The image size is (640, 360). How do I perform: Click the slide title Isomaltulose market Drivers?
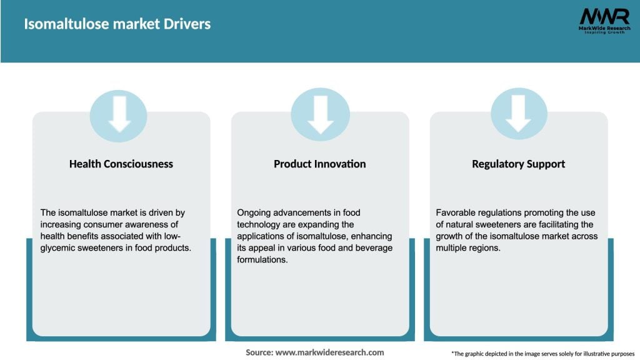coord(117,24)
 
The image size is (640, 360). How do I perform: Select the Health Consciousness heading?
coord(121,164)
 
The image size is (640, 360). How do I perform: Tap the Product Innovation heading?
coord(320,164)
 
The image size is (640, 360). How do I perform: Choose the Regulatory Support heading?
coord(519,164)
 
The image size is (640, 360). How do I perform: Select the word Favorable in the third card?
coord(456,213)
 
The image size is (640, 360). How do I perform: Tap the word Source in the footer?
coord(259,352)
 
